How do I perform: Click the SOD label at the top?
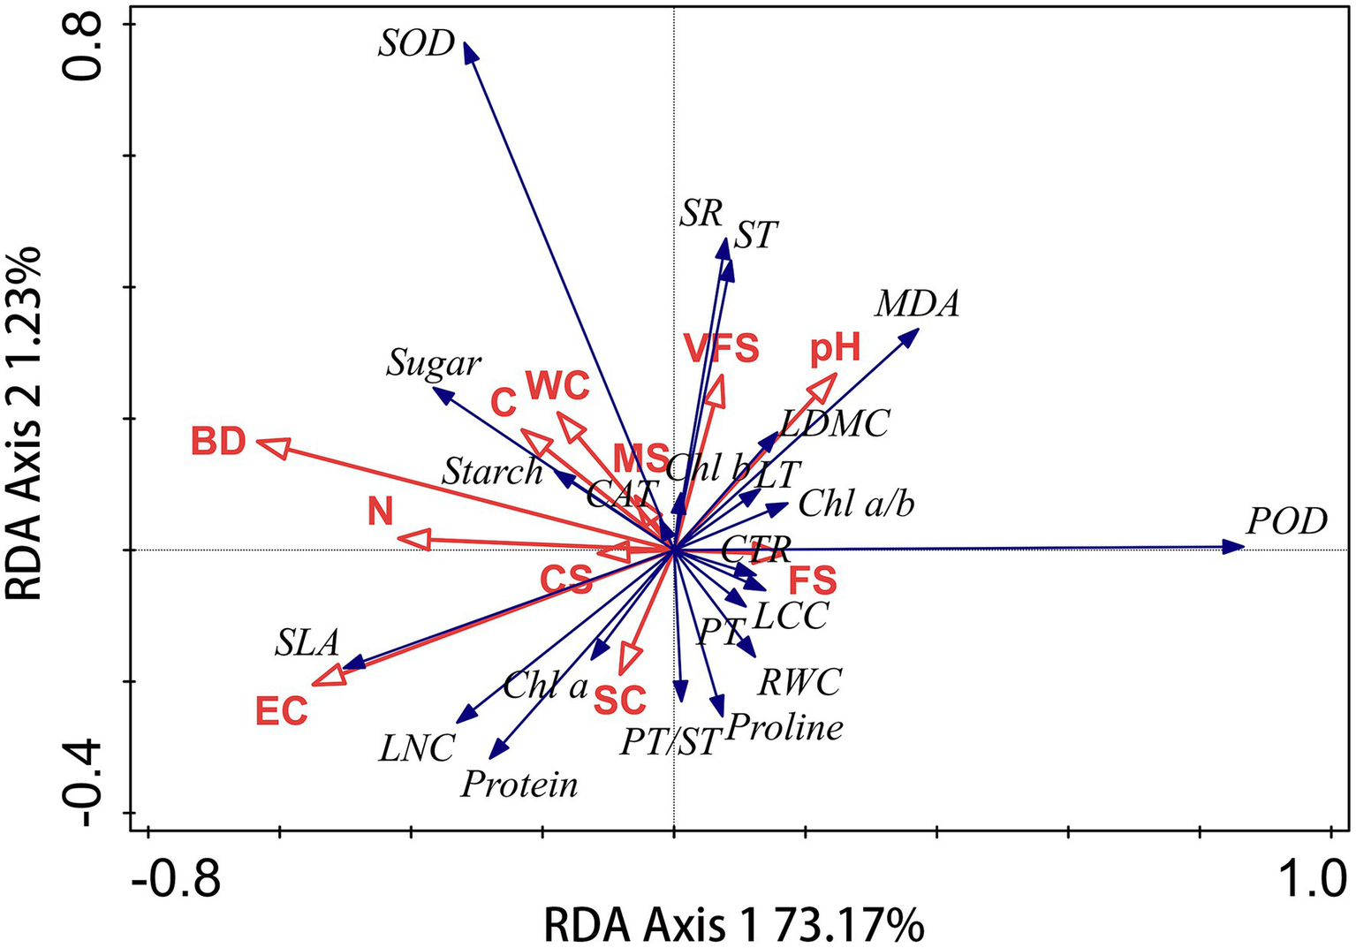pyautogui.click(x=416, y=43)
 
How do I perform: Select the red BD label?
pyautogui.click(x=218, y=441)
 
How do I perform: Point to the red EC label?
pyautogui.click(x=282, y=710)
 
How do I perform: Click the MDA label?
pyautogui.click(x=917, y=305)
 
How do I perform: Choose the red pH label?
pyautogui.click(x=835, y=350)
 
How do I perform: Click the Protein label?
pyautogui.click(x=519, y=784)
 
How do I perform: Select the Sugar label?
pyautogui.click(x=433, y=363)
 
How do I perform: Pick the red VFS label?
pyautogui.click(x=722, y=348)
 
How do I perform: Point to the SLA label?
pyautogui.click(x=307, y=643)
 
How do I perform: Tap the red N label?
pyautogui.click(x=381, y=512)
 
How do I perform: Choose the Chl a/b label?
pyautogui.click(x=856, y=504)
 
